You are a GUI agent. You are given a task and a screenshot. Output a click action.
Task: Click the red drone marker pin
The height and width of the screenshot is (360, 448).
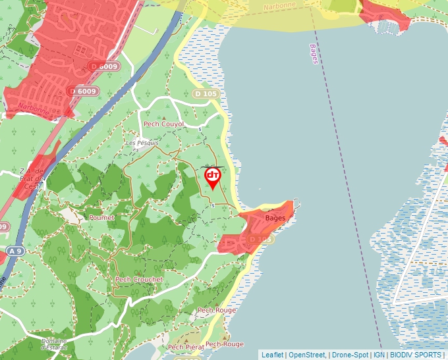pyautogui.click(x=213, y=177)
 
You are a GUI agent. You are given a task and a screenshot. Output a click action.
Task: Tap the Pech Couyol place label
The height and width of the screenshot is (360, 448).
pyautogui.click(x=163, y=124)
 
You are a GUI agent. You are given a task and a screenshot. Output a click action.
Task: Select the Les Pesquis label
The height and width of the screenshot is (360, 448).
pyautogui.click(x=142, y=143)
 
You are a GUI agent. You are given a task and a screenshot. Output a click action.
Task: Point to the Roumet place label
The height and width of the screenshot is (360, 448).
pyautogui.click(x=101, y=217)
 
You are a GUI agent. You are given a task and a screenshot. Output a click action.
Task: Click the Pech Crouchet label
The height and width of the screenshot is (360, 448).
pyautogui.click(x=138, y=280)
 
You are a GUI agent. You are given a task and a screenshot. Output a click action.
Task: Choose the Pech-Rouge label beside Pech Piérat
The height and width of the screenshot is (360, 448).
pyautogui.click(x=224, y=344)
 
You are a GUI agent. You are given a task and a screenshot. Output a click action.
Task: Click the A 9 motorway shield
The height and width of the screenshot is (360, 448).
pyautogui.click(x=15, y=251)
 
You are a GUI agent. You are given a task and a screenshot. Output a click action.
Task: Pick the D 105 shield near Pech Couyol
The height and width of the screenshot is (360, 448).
pyautogui.click(x=206, y=94)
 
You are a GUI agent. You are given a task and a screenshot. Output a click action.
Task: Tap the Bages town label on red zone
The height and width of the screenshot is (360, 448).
pyautogui.click(x=275, y=218)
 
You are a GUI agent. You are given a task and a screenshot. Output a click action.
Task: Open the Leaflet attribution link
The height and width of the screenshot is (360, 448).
pyautogui.click(x=272, y=355)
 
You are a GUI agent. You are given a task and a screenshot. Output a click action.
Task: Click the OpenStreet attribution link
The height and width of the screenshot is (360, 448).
pyautogui.click(x=307, y=355)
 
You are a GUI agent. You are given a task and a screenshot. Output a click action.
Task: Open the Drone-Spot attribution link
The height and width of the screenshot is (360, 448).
pyautogui.click(x=350, y=355)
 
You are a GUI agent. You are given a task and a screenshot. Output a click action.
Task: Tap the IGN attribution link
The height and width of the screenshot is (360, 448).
pyautogui.click(x=379, y=355)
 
